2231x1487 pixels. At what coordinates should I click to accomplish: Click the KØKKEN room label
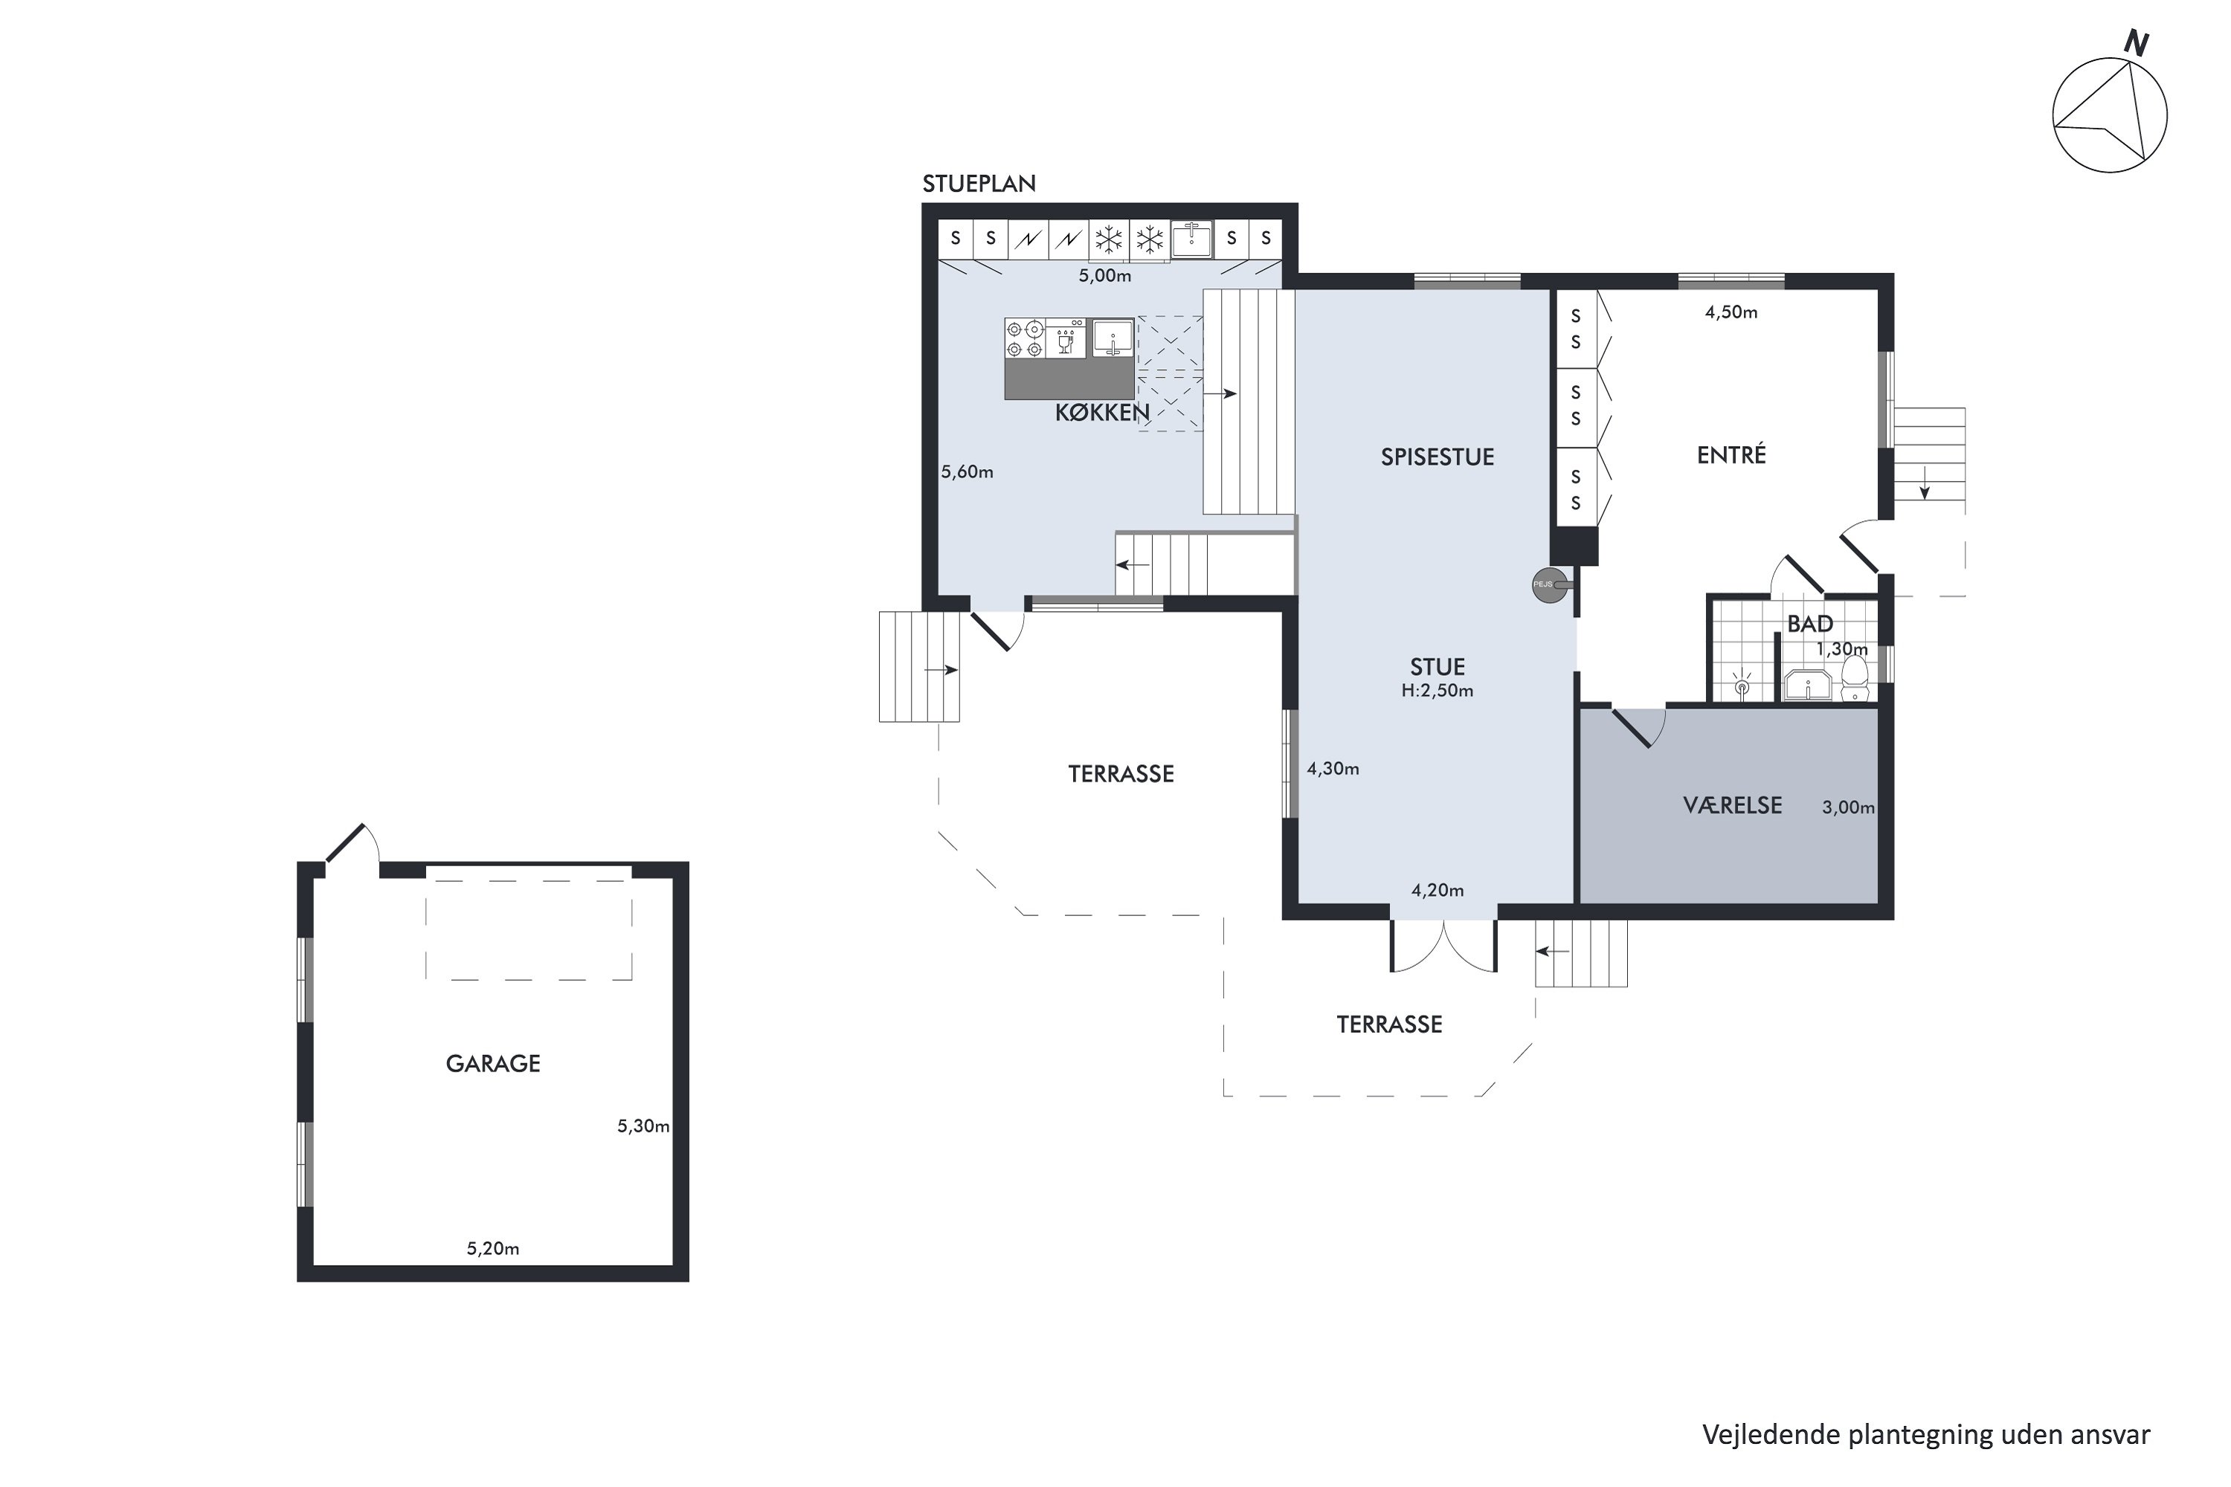coord(1102,412)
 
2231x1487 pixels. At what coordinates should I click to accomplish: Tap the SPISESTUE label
coord(1437,457)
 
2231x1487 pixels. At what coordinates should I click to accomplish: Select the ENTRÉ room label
coord(1731,454)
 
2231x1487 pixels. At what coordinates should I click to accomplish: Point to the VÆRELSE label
coord(1732,805)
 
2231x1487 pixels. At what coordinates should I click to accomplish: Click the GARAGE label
coord(493,1063)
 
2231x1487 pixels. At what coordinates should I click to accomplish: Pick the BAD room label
coord(1810,624)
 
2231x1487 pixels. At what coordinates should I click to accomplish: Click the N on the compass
coord(2136,42)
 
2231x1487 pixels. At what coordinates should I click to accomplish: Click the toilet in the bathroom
coord(1855,679)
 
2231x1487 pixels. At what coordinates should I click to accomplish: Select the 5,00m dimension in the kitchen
coord(1105,276)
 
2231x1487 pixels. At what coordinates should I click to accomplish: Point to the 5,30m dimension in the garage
coord(643,1126)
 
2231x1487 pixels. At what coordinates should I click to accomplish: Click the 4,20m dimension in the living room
coord(1437,889)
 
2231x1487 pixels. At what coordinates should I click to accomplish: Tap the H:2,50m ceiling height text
coord(1437,691)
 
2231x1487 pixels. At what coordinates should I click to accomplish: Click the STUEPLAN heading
coord(979,184)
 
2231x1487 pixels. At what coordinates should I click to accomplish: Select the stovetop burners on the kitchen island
coord(1025,338)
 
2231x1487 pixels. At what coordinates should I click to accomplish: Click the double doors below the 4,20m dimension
coord(1443,946)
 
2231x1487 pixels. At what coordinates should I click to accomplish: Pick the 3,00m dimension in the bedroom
coord(1848,808)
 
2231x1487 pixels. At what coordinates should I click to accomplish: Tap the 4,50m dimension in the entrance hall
coord(1731,312)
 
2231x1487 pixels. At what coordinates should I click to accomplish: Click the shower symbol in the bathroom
coord(1742,685)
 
